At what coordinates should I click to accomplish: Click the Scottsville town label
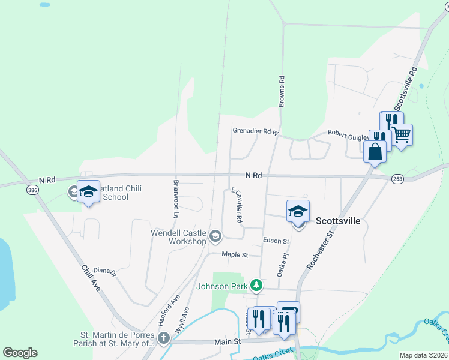tap(338, 221)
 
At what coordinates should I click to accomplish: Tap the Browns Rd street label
tap(280, 91)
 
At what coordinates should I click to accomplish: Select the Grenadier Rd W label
tap(256, 131)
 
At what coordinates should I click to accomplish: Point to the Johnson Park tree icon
tap(256, 285)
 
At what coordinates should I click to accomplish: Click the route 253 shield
tap(397, 179)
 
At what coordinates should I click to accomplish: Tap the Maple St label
tap(235, 255)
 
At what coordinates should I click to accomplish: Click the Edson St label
tap(276, 241)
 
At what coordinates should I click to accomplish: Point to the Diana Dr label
tap(104, 271)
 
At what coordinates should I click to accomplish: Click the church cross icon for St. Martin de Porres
tap(164, 338)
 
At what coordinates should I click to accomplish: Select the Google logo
tap(20, 353)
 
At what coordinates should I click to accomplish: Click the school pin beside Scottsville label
tap(298, 211)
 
